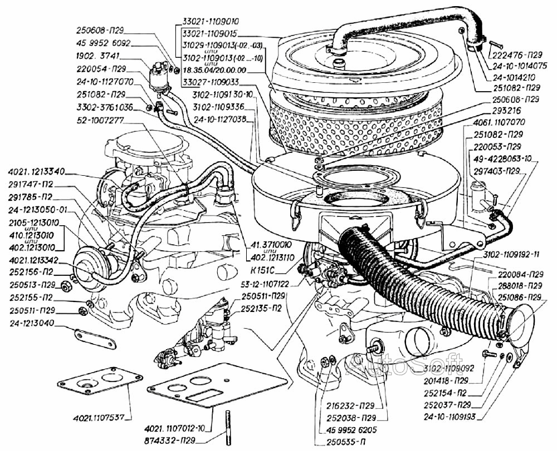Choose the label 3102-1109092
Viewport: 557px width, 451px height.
[x=448, y=368]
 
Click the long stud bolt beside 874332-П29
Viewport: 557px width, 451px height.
[x=228, y=428]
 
